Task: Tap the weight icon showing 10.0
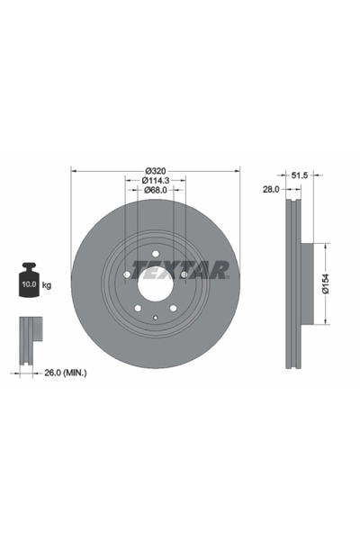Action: click(x=27, y=282)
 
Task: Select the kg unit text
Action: click(x=47, y=286)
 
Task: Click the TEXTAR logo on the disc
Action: click(x=180, y=270)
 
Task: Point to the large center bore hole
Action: click(x=156, y=286)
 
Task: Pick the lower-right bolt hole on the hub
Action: click(x=174, y=310)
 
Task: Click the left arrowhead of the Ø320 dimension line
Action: click(x=74, y=169)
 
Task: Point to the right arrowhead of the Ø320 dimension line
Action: click(x=239, y=169)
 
